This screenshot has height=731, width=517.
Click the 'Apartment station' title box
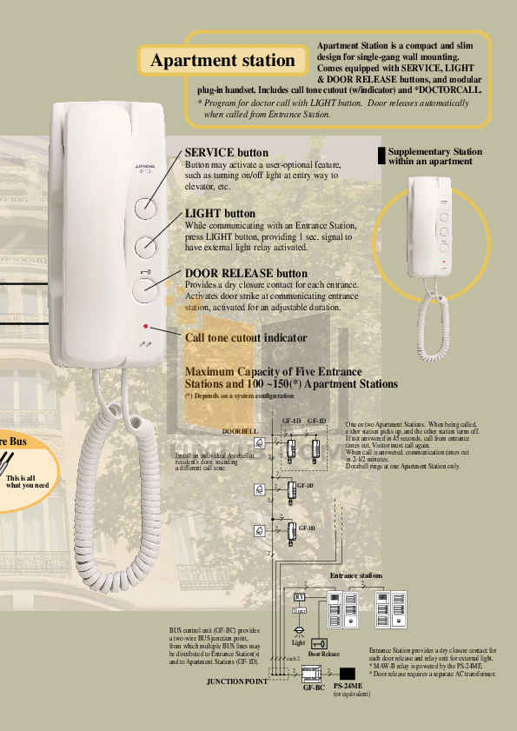pyautogui.click(x=223, y=60)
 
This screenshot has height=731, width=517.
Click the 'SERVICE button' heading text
pyautogui.click(x=227, y=153)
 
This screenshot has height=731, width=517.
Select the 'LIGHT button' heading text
pyautogui.click(x=221, y=213)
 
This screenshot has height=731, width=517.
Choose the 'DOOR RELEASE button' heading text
pyautogui.click(x=246, y=274)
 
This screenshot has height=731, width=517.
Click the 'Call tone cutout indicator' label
pyautogui.click(x=246, y=337)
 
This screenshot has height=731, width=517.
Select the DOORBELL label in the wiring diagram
pyautogui.click(x=240, y=430)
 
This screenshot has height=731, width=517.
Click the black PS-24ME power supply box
pyautogui.click(x=348, y=673)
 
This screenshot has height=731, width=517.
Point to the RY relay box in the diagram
pyautogui.click(x=300, y=597)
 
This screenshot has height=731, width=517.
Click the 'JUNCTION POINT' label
pyautogui.click(x=236, y=681)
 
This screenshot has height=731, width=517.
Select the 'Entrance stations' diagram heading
pyautogui.click(x=356, y=576)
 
